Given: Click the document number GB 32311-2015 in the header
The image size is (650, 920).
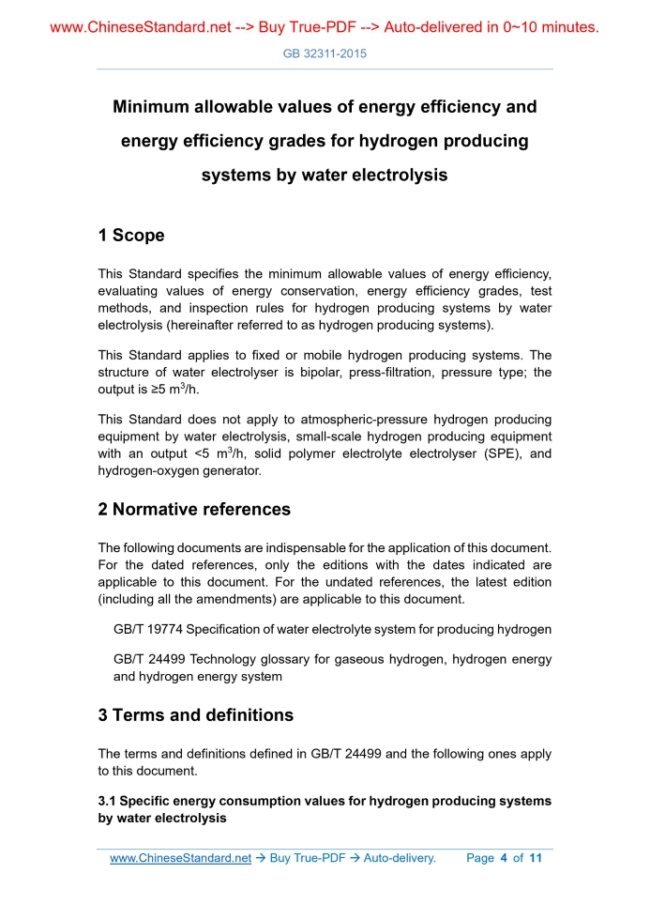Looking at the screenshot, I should [x=325, y=54].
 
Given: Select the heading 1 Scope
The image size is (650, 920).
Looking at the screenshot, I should [x=131, y=236].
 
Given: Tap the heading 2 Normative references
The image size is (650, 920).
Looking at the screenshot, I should [x=194, y=510].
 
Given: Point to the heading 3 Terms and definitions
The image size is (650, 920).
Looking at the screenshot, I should [x=195, y=715].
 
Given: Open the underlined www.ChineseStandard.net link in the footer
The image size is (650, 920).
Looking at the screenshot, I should [x=180, y=858].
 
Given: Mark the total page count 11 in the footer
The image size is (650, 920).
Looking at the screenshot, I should [x=536, y=858].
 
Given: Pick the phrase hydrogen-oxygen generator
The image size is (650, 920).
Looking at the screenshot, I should [x=179, y=471].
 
